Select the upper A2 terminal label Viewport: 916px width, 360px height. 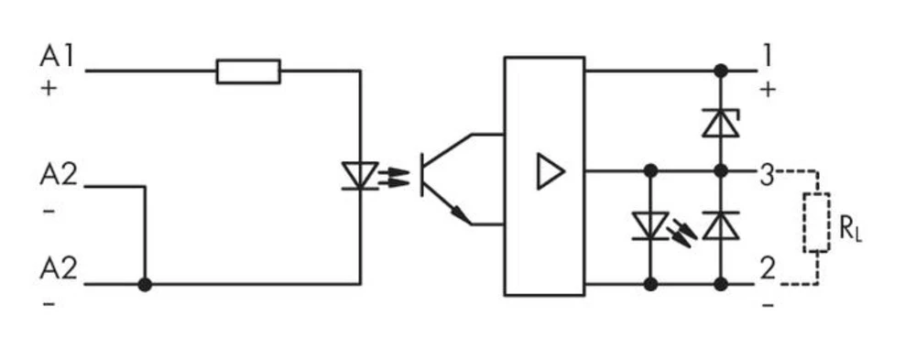[58, 174]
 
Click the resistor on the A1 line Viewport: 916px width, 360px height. [248, 71]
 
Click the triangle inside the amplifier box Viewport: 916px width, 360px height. [550, 171]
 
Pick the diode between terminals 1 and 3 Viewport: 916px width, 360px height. [720, 123]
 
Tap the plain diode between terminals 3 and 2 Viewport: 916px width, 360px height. [720, 225]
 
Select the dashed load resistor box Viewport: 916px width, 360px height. [816, 223]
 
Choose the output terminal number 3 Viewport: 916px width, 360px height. [766, 172]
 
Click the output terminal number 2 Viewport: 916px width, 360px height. [767, 269]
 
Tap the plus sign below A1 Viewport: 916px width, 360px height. [48, 91]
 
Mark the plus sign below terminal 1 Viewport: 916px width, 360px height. [768, 90]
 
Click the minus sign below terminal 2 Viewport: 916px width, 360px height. [768, 301]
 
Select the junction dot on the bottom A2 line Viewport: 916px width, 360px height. [144, 285]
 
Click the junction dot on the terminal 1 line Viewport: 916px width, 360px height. [721, 71]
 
